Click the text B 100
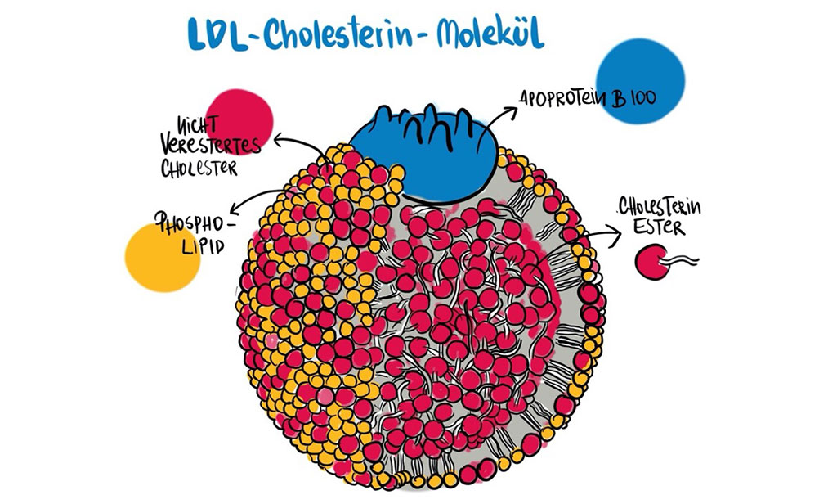(633, 98)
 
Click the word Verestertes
(215, 146)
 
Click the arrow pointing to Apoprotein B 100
(501, 115)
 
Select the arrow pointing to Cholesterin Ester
(601, 237)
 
